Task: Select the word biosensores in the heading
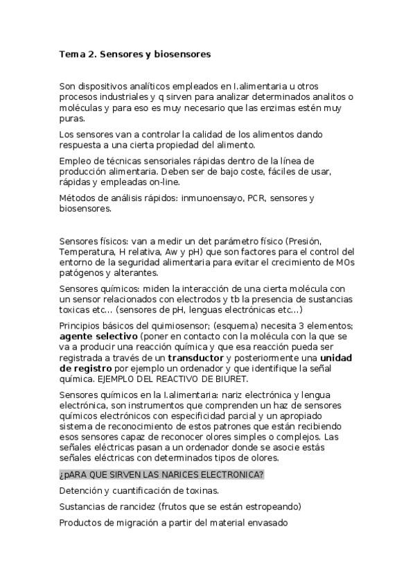[x=181, y=53]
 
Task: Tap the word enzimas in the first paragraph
[x=276, y=108]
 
